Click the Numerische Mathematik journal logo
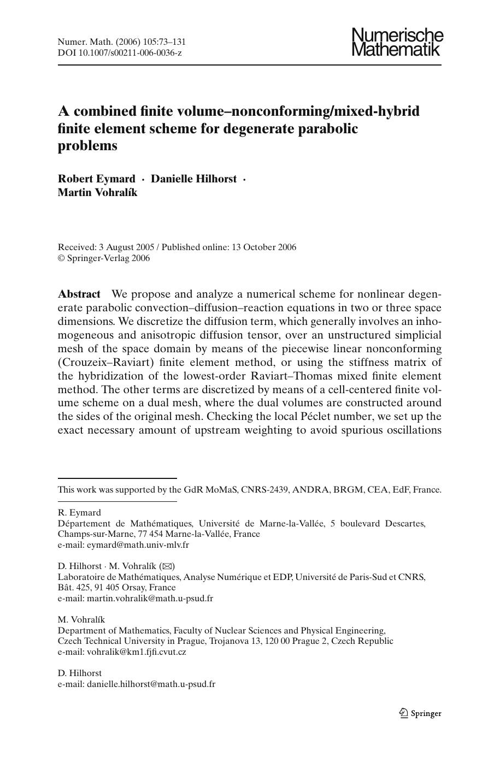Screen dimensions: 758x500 [x=397, y=43]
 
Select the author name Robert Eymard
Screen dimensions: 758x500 [x=96, y=179]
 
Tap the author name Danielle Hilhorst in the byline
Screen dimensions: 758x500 [x=193, y=179]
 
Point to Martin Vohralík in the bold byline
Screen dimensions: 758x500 [x=97, y=192]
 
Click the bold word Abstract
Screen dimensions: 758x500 [x=79, y=294]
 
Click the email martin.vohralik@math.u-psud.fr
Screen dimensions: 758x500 [x=150, y=598]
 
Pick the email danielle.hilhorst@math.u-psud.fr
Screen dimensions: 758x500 [x=151, y=684]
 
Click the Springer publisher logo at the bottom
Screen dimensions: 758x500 [x=420, y=713]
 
